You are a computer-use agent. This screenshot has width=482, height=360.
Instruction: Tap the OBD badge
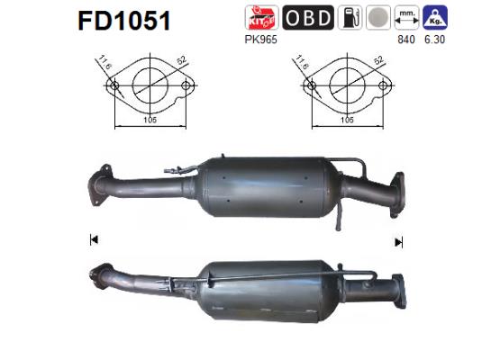coord(307,18)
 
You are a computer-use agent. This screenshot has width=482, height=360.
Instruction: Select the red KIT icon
coord(261,18)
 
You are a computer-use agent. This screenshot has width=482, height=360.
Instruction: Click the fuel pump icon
coord(350,18)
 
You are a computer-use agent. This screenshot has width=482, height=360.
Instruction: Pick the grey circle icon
coord(380,18)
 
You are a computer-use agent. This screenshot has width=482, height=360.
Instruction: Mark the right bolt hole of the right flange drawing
coord(381,87)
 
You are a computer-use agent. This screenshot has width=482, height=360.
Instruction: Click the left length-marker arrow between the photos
coord(91,240)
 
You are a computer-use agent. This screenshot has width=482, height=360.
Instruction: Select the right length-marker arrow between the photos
coord(397,240)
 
